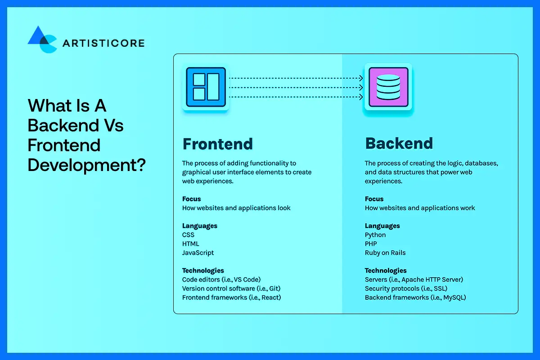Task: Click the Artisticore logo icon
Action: pyautogui.click(x=42, y=40)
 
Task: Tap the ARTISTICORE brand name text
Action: pyautogui.click(x=103, y=43)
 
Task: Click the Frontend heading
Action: pyautogui.click(x=217, y=144)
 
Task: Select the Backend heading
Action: pyautogui.click(x=399, y=144)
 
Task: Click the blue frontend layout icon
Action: pyautogui.click(x=206, y=87)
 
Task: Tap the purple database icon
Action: pyautogui.click(x=388, y=87)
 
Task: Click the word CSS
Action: pyautogui.click(x=188, y=235)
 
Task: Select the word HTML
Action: pyautogui.click(x=190, y=244)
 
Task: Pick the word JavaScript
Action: pyautogui.click(x=198, y=253)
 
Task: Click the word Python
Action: pyautogui.click(x=375, y=235)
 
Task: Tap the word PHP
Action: pyautogui.click(x=371, y=244)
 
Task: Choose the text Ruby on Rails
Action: pyautogui.click(x=385, y=253)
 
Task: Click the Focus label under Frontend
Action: pyautogui.click(x=191, y=199)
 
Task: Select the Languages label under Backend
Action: pyautogui.click(x=382, y=226)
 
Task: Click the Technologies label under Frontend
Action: pyautogui.click(x=203, y=270)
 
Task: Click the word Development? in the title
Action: pyautogui.click(x=86, y=165)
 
